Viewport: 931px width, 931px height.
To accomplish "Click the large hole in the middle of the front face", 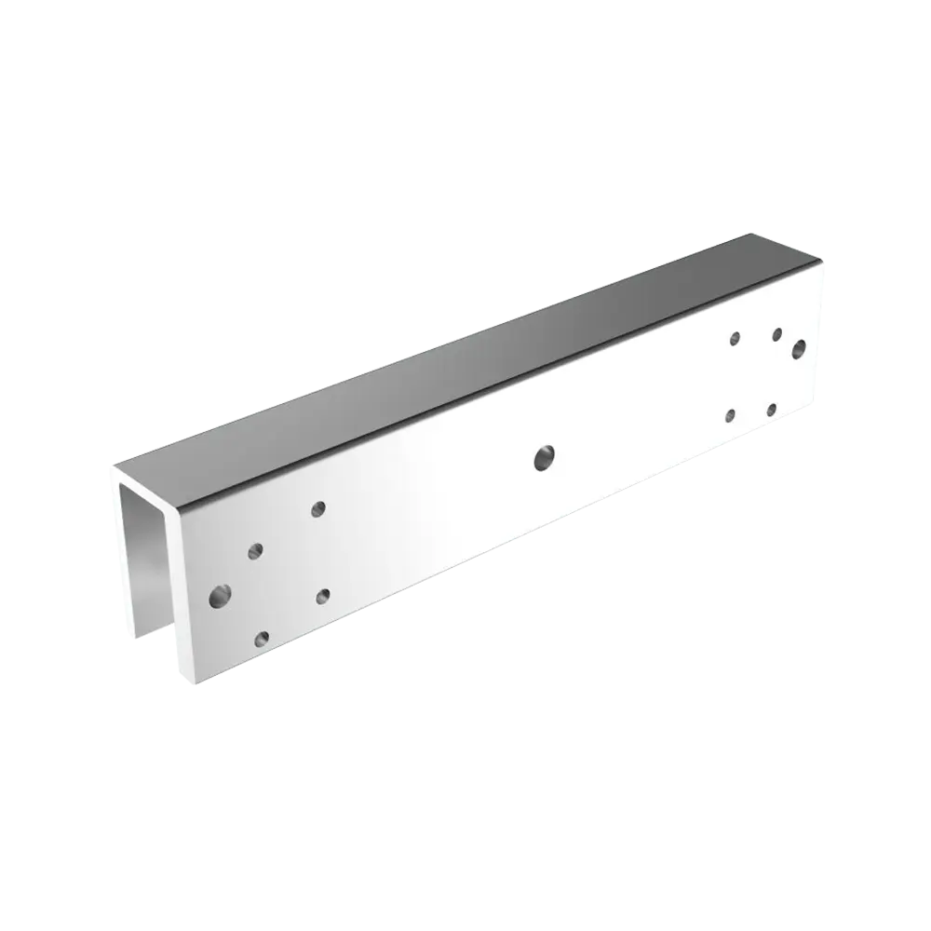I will click(544, 456).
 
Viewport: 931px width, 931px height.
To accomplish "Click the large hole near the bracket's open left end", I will click(221, 593).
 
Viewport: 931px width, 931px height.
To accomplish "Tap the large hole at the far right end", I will click(798, 349).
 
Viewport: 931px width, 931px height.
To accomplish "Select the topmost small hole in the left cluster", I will click(318, 508).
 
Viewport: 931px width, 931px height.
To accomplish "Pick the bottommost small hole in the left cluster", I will click(262, 639).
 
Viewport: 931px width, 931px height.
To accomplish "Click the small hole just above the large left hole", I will click(254, 551).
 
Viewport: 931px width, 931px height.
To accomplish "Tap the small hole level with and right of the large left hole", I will click(323, 595).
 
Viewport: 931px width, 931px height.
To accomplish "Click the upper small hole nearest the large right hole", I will click(776, 333).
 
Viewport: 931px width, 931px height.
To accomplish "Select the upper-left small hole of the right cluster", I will click(735, 338).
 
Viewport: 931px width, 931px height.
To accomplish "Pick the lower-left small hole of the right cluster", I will click(731, 415).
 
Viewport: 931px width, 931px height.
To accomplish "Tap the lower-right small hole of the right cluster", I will click(772, 410).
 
